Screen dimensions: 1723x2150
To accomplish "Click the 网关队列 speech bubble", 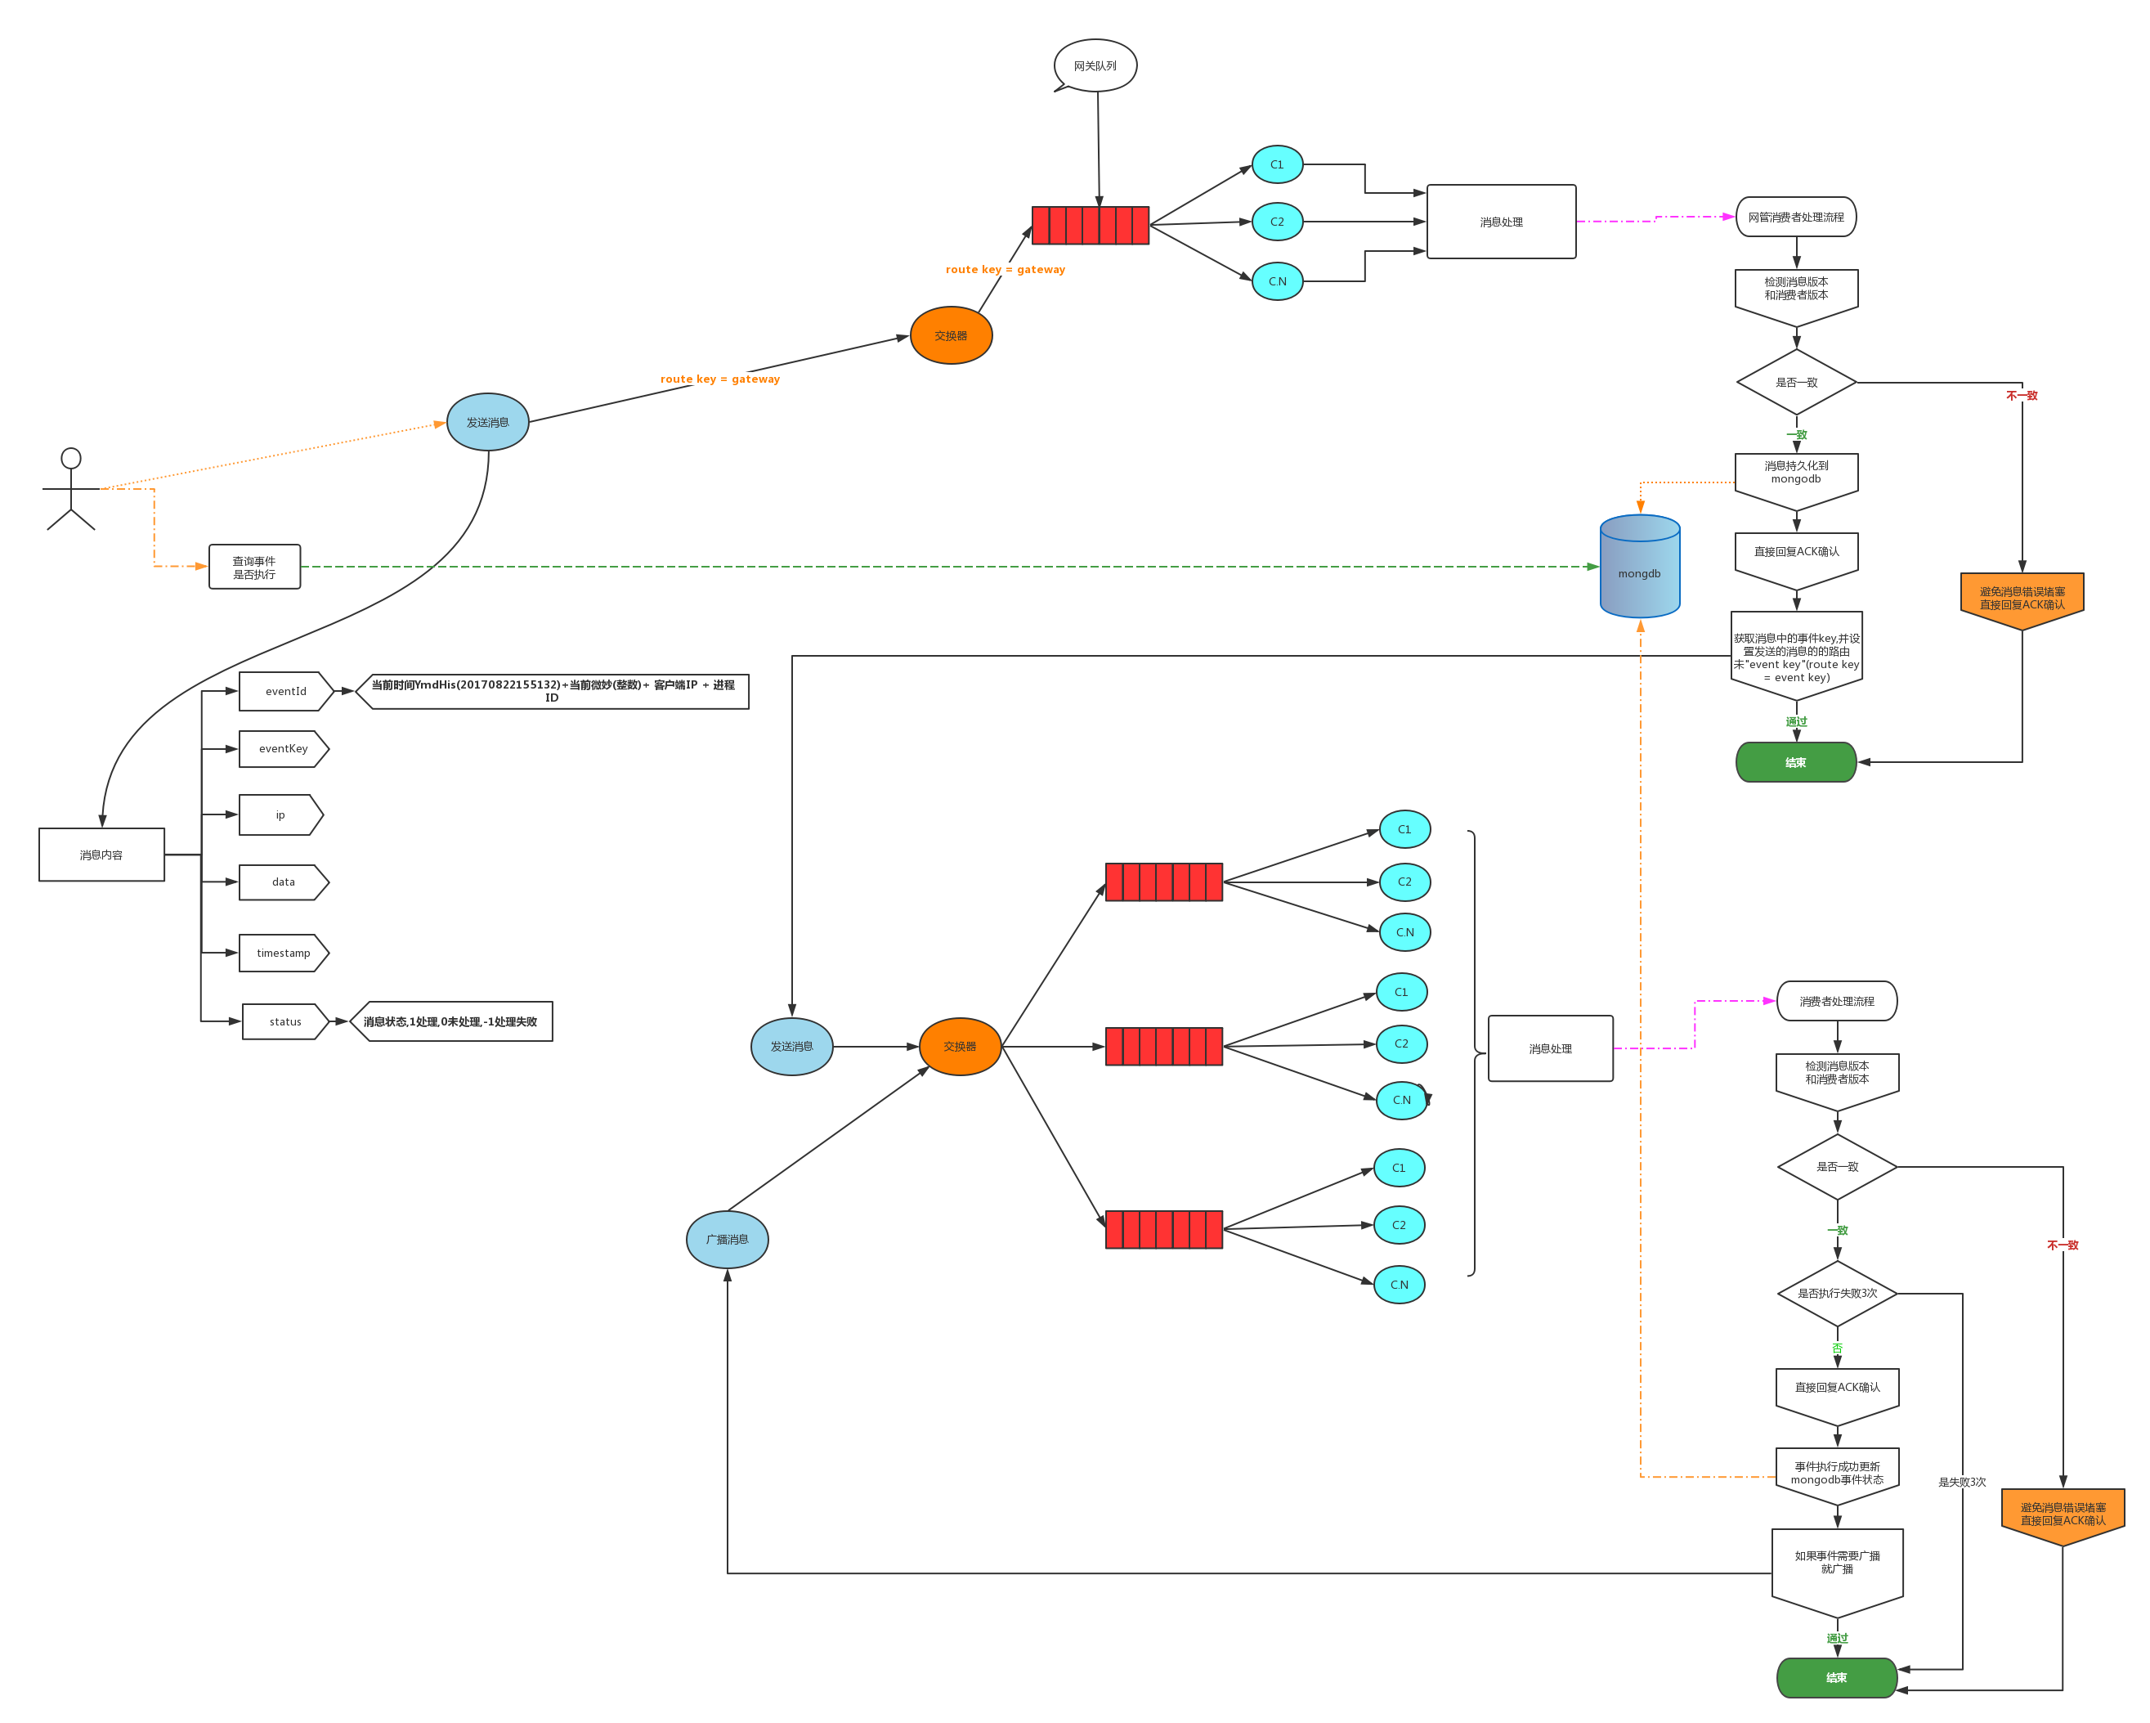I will [x=1095, y=66].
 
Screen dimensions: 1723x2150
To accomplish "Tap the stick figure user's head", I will [x=71, y=458].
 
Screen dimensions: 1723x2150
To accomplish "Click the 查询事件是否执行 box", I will [x=254, y=567].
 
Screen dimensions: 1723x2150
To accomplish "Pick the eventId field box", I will [x=285, y=691].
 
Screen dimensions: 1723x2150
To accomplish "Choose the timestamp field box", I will [x=283, y=953].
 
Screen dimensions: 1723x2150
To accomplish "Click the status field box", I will [x=285, y=1021].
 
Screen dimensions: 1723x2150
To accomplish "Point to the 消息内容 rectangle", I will [x=101, y=855].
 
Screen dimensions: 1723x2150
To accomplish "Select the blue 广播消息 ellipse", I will [x=727, y=1239].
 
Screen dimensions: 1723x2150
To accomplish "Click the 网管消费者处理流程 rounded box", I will [x=1795, y=217].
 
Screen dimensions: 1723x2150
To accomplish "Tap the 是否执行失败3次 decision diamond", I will [x=1837, y=1293].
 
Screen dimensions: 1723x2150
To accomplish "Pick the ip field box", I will [x=280, y=815].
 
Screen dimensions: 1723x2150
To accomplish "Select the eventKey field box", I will [x=283, y=748].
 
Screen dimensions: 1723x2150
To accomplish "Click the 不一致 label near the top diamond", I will [x=2022, y=395].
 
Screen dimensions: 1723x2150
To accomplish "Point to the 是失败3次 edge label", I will [x=1961, y=1482].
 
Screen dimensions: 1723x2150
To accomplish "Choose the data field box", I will [x=283, y=882].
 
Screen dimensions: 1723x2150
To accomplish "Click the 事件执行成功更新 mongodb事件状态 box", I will [x=1837, y=1474].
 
